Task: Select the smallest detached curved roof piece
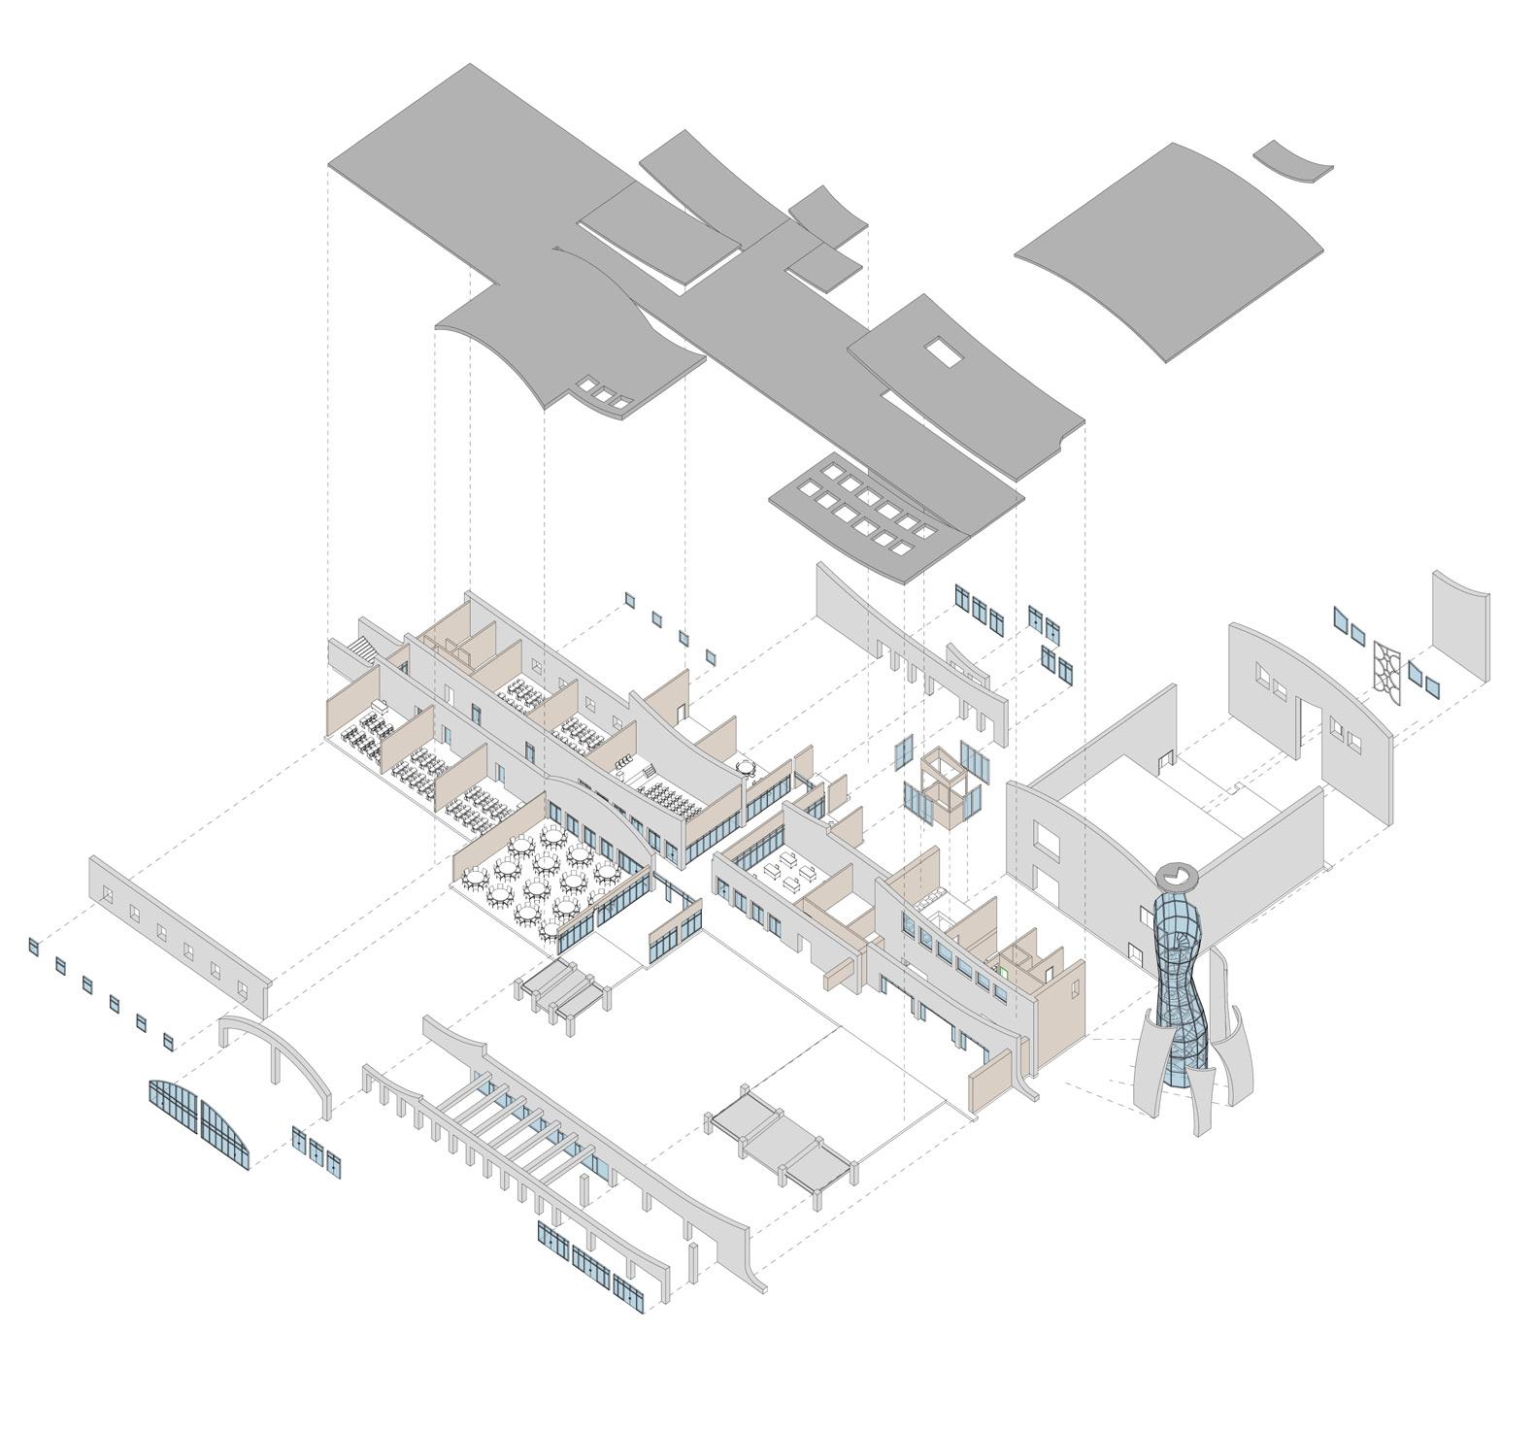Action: tap(1292, 161)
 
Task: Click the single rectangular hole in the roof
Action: tap(942, 351)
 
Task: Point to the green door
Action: tap(1001, 970)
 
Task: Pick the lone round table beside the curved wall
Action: tap(745, 767)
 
